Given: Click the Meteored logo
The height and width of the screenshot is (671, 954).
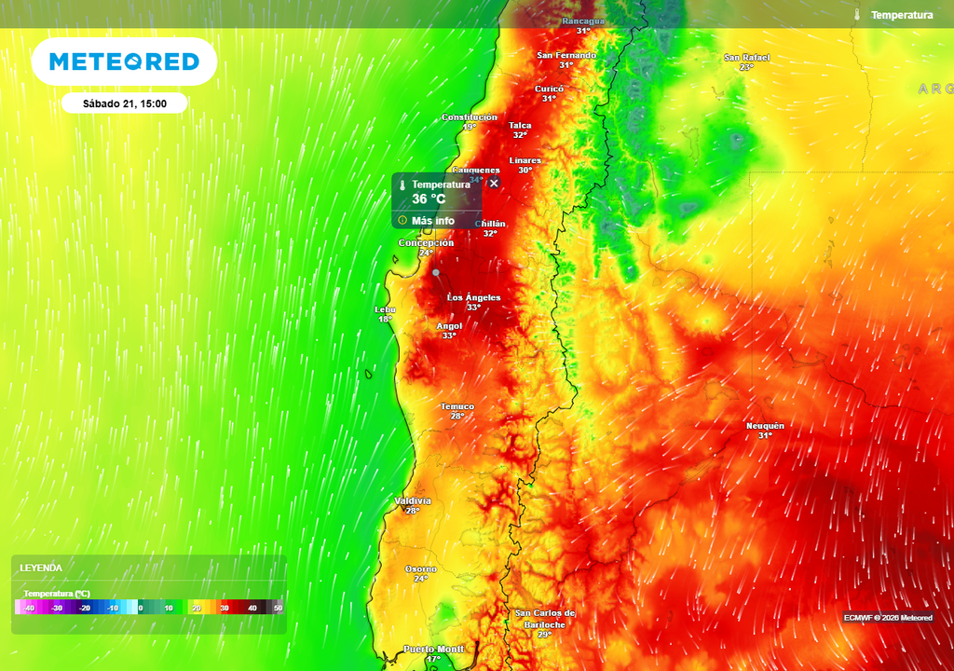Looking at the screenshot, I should coord(124,62).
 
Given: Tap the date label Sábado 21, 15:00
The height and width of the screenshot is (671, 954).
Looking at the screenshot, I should coord(124,103).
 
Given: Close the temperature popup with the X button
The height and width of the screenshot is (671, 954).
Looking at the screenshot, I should coord(495,184).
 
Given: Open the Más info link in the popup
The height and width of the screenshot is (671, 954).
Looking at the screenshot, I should coord(432,221).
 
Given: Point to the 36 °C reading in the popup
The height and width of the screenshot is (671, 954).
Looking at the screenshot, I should coord(429,199).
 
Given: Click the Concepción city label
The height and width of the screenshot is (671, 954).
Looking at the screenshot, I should coord(426,242).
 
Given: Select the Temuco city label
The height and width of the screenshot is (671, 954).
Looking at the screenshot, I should coord(457,406).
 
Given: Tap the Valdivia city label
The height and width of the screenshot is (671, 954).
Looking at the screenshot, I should coord(413,500).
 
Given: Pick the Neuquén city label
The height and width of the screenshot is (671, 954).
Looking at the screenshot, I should coord(765,426).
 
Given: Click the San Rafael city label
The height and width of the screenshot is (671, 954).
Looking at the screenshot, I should coord(747,58).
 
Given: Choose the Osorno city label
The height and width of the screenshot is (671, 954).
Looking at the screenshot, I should coord(421,568).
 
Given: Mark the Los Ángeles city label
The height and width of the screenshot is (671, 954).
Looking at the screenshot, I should coord(474,297).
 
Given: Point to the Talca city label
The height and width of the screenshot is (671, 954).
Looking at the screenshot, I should coord(520,125).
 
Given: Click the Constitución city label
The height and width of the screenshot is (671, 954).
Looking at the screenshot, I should coord(469,117).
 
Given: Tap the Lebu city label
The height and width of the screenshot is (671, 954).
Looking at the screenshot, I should coord(385,309).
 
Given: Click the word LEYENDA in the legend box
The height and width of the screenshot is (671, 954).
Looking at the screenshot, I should coord(41,568).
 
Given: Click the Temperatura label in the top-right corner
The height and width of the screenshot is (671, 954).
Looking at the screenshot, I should coord(901,15).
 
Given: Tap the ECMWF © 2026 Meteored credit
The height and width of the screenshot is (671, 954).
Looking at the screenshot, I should coord(888,617).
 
